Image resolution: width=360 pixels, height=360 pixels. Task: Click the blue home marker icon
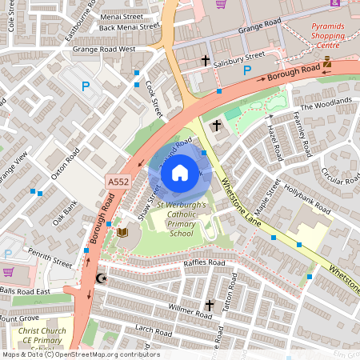(x=180, y=172)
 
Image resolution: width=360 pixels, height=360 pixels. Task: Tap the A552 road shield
(x=118, y=183)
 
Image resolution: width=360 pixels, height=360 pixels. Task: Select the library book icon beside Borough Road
(x=122, y=233)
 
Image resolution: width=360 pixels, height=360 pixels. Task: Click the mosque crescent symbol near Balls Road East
(x=101, y=278)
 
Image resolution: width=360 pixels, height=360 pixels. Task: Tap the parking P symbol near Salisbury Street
(x=247, y=72)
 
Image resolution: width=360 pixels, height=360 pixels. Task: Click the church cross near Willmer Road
(x=210, y=305)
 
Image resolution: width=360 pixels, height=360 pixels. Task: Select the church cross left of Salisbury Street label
(x=205, y=61)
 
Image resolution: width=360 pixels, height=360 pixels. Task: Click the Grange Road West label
(x=104, y=49)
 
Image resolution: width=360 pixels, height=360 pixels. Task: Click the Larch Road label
(x=133, y=329)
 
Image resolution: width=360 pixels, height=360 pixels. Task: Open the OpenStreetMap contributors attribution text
(x=104, y=354)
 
